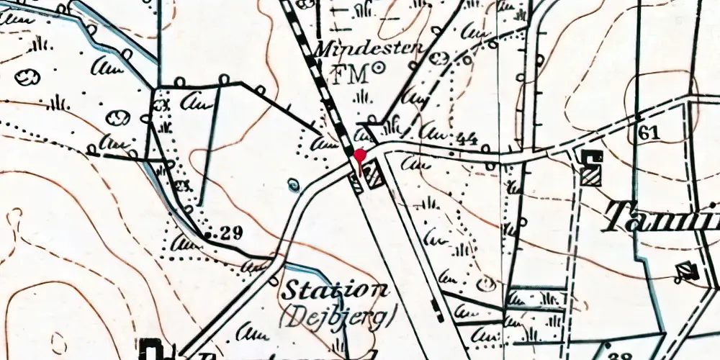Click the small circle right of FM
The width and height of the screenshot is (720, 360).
[x=377, y=70]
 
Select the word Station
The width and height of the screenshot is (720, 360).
[x=335, y=292]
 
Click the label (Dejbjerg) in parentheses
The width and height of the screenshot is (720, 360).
[x=338, y=315]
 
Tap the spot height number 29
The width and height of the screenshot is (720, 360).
[x=231, y=232]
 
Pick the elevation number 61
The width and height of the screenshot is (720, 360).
[x=648, y=132]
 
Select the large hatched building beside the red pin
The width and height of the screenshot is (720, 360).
[x=374, y=174]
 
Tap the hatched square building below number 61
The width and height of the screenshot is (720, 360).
[x=592, y=176]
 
